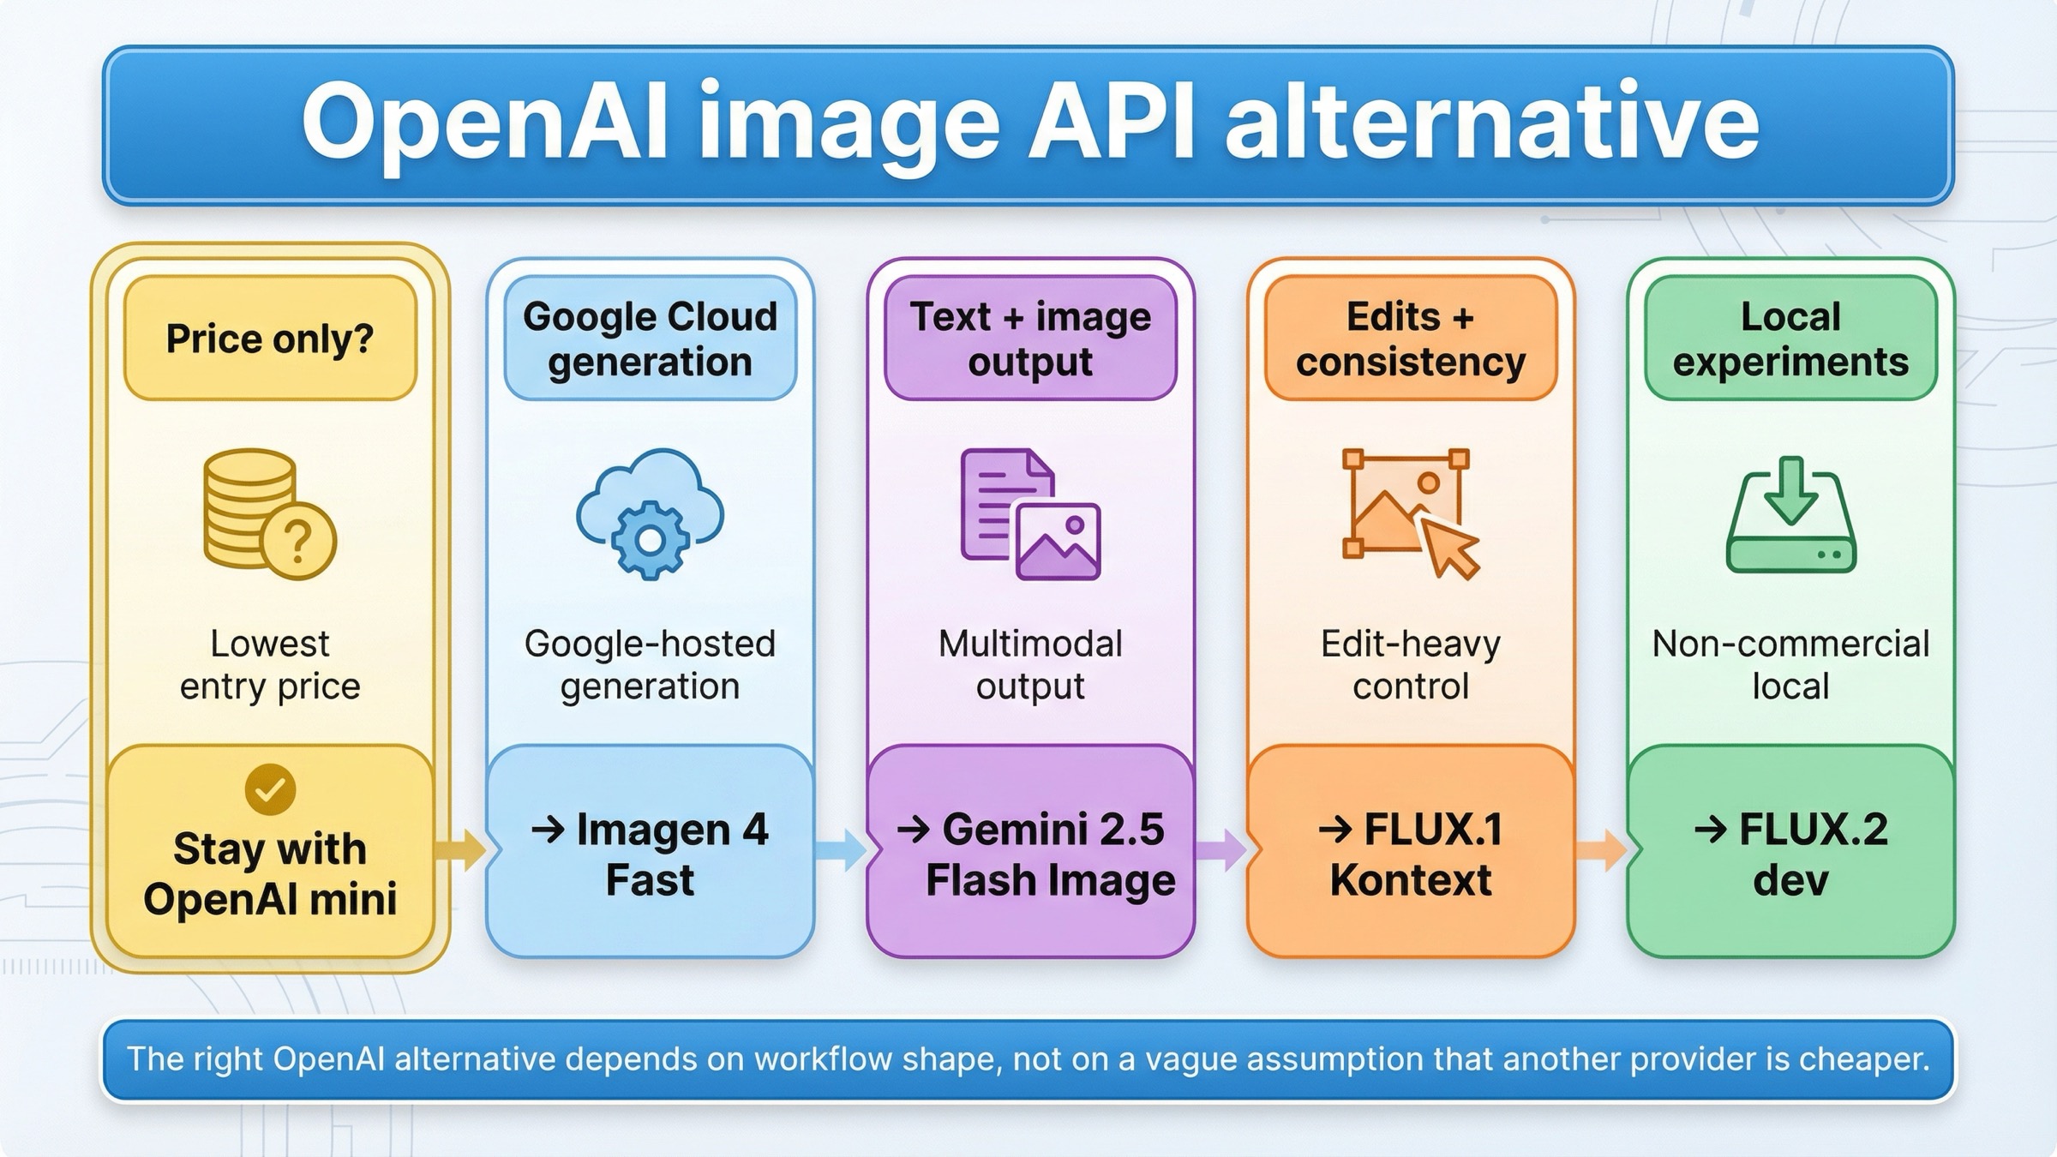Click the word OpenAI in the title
point(484,122)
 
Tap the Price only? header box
point(270,338)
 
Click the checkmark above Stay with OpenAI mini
point(270,789)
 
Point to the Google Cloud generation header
point(650,338)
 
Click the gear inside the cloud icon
point(650,540)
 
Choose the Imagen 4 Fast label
point(650,854)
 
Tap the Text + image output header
point(1030,338)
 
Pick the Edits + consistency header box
point(1411,338)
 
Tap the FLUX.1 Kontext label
point(1411,854)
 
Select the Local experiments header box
point(1790,338)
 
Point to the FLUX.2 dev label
point(1790,854)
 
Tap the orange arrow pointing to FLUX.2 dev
point(1600,849)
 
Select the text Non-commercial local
point(1790,665)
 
